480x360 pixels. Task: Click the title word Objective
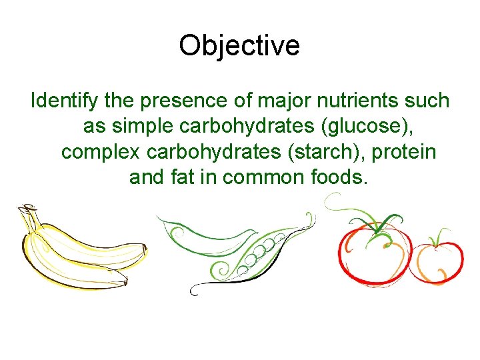click(x=239, y=45)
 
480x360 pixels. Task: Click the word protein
click(x=404, y=152)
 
